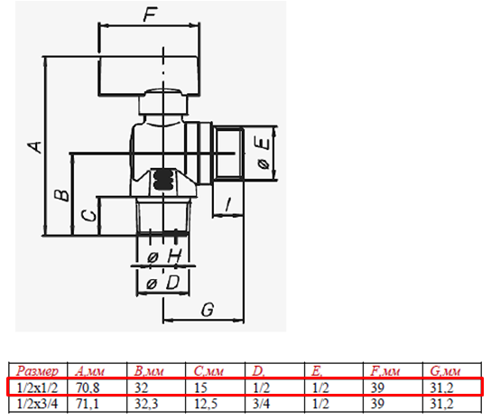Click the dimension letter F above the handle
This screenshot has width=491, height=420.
[151, 14]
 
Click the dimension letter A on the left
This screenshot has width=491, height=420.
[34, 147]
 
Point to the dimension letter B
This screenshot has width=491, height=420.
[61, 194]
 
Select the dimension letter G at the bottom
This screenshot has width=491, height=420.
[208, 310]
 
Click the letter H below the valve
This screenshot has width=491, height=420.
[174, 257]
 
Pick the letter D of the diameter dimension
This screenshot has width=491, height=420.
[172, 283]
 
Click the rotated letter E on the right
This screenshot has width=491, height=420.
[263, 145]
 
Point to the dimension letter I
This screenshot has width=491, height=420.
[228, 205]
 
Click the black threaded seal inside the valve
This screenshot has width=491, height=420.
[163, 181]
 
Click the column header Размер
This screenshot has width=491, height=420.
[37, 371]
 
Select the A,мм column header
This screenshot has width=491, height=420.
[89, 371]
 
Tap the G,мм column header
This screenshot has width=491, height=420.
[445, 371]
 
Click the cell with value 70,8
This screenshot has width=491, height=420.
[88, 388]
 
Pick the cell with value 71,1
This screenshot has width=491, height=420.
[88, 404]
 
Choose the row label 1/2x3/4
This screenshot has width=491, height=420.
[37, 404]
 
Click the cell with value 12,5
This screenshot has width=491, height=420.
[206, 404]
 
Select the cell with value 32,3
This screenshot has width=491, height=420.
[147, 404]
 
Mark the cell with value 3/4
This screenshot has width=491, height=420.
[261, 404]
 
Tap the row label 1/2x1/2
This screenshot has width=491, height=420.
[37, 388]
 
